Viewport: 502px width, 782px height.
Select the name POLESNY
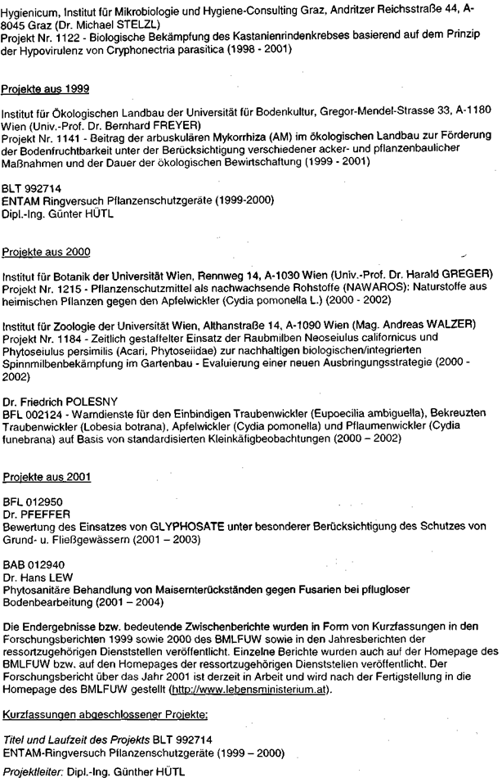[89, 403]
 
